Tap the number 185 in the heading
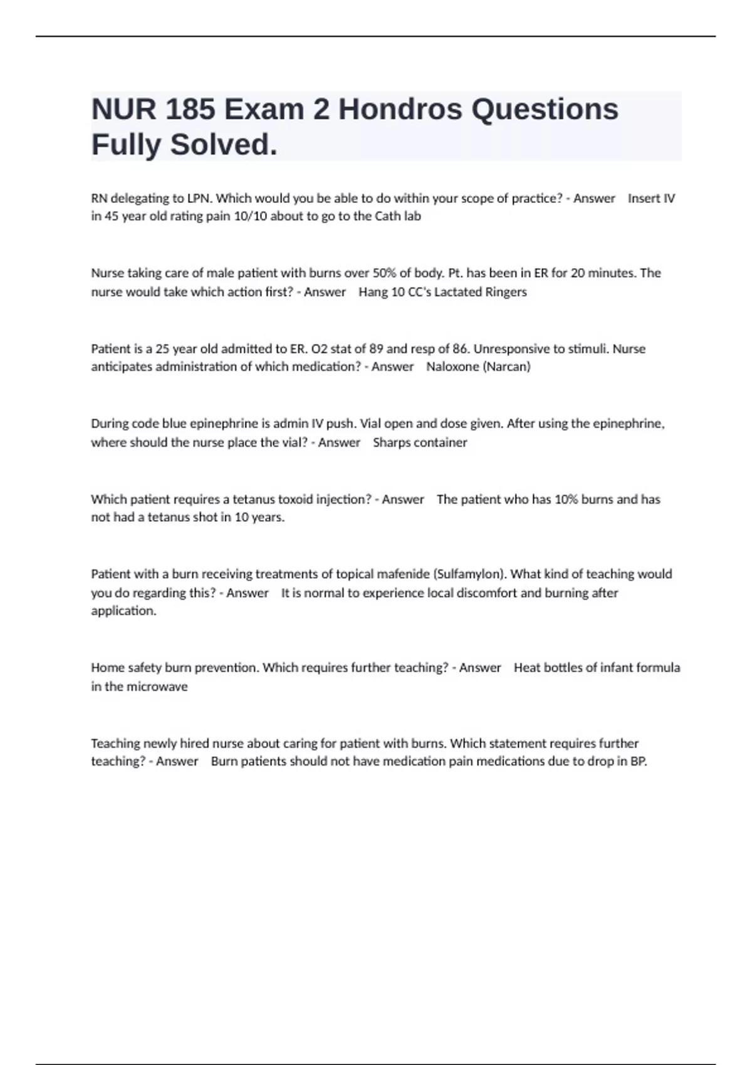187,110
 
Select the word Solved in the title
223,145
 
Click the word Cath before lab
389,217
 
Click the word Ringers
506,292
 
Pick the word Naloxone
452,367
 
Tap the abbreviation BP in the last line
638,762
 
